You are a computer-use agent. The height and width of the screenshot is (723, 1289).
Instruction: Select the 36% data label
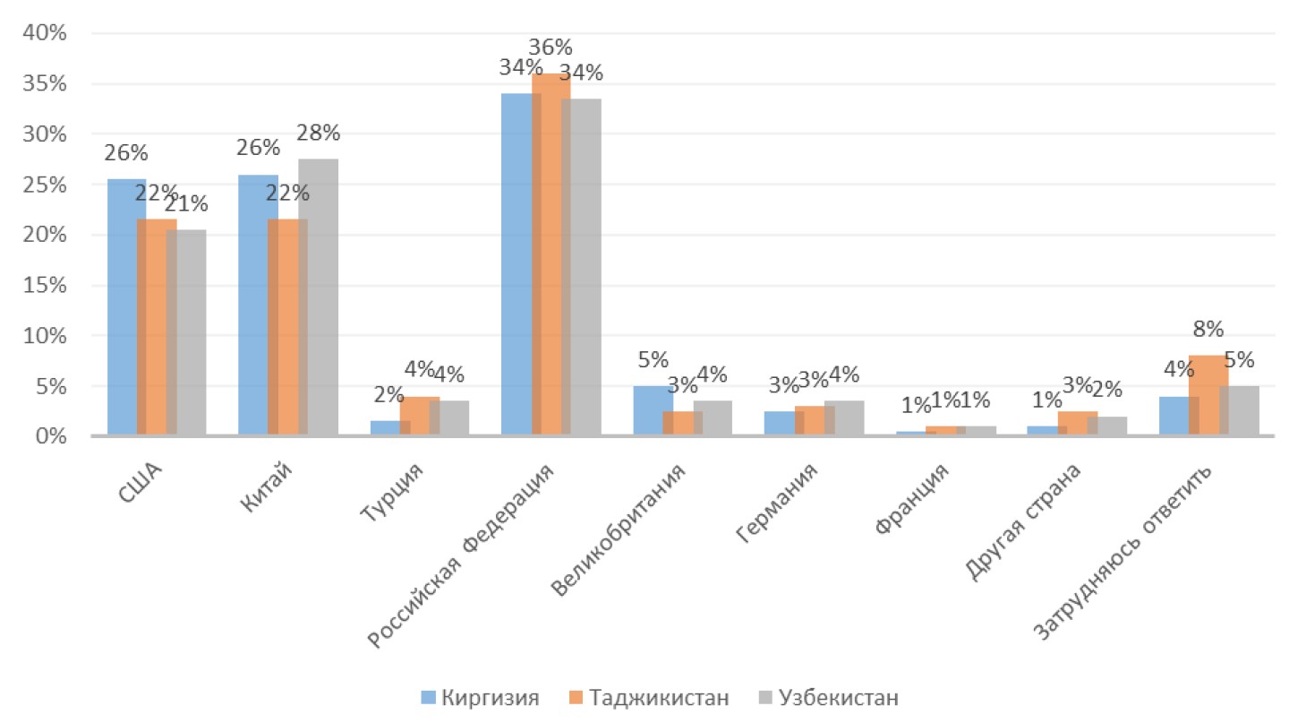(551, 47)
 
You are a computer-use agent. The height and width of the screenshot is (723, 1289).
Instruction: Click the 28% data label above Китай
(319, 133)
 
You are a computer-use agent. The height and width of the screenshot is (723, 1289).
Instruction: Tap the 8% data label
(1208, 330)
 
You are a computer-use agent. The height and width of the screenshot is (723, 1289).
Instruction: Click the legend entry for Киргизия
(481, 697)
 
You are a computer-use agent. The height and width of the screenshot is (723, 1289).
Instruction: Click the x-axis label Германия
(777, 502)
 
